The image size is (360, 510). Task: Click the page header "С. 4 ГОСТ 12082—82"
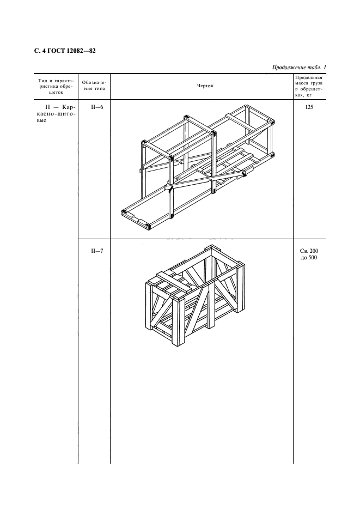[65, 51]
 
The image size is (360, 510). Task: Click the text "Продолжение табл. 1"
[299, 68]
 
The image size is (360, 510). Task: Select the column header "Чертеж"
[205, 86]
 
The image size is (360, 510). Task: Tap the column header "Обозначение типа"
[94, 86]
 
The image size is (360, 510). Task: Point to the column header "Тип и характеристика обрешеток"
[56, 86]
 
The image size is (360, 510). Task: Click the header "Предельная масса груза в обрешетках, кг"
[309, 86]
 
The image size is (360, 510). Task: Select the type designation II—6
[97, 107]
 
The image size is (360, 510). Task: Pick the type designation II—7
[97, 251]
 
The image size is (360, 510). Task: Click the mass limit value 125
[309, 107]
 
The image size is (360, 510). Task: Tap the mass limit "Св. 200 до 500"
[309, 254]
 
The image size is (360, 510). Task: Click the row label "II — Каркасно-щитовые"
[56, 113]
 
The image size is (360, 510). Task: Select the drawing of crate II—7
[194, 296]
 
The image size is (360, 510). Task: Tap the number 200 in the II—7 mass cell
[314, 251]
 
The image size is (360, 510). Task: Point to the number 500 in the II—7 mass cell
[313, 258]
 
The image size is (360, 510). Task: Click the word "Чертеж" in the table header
[205, 86]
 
